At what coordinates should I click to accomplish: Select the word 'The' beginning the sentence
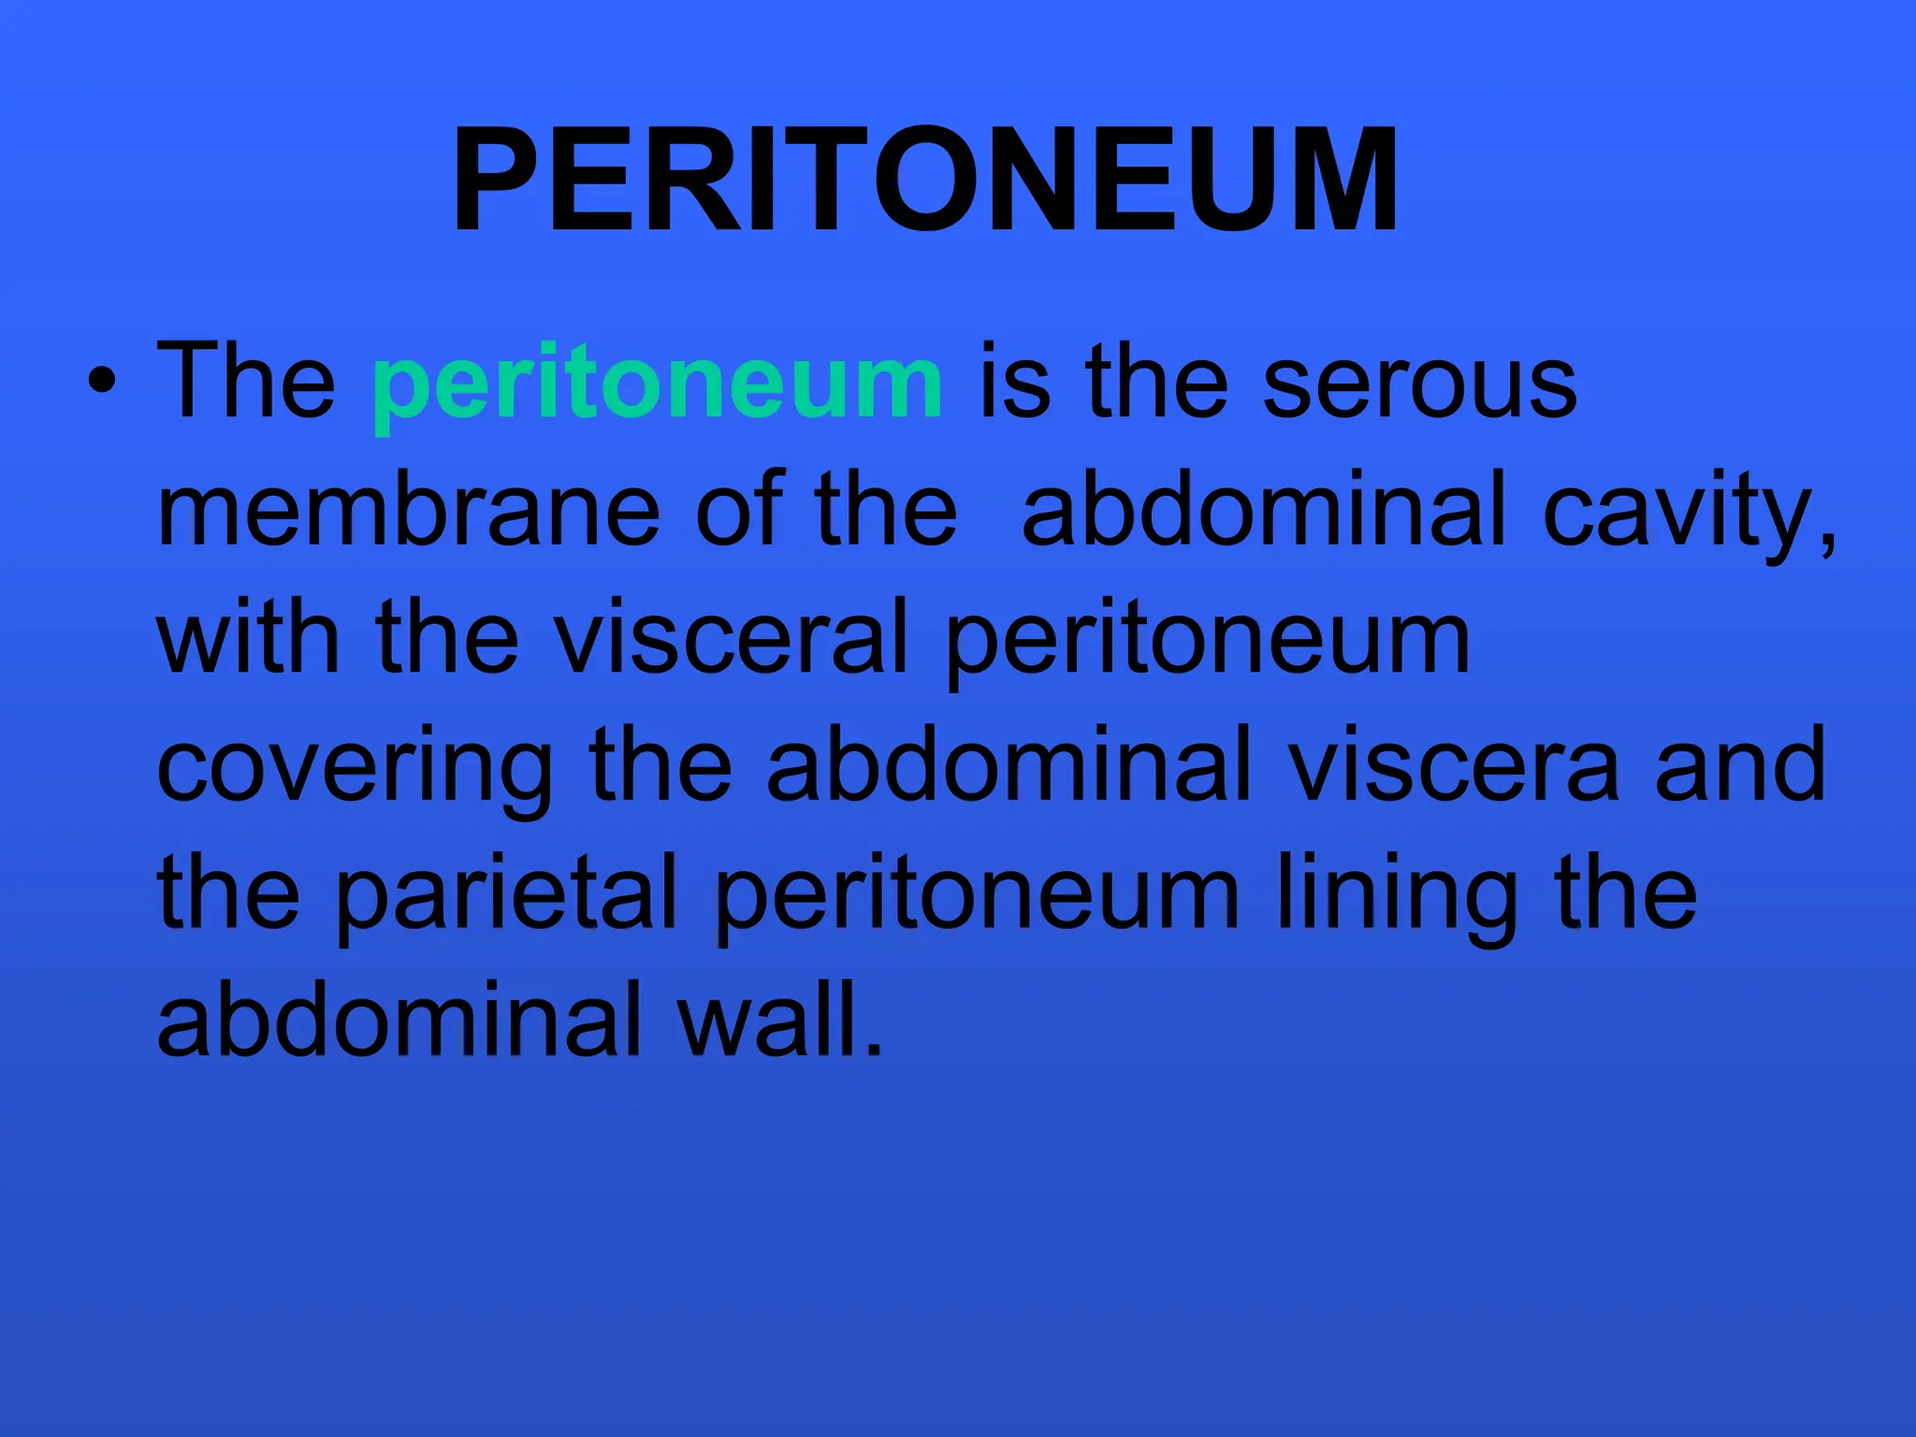click(x=246, y=382)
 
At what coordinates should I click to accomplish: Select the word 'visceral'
click(x=731, y=638)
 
